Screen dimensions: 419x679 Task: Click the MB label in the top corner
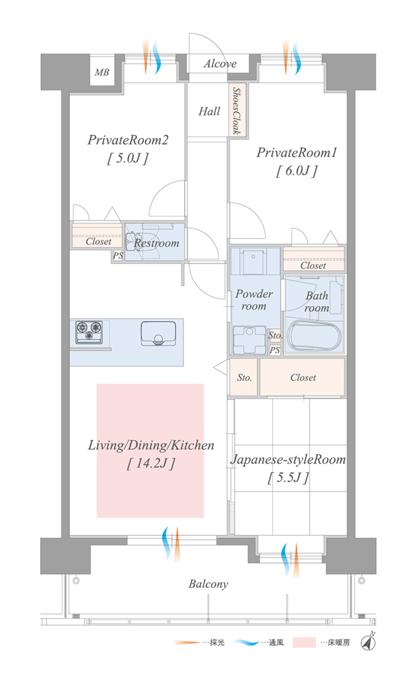[102, 73]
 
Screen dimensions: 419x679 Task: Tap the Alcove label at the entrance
[220, 64]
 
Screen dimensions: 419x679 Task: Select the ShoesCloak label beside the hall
[236, 111]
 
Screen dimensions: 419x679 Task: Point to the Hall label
[209, 112]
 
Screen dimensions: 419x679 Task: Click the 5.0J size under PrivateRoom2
[128, 158]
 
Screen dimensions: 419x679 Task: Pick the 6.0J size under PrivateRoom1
[297, 170]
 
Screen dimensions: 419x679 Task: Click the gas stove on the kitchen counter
[89, 332]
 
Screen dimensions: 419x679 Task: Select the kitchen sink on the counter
[158, 333]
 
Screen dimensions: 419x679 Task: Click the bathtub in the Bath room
[314, 335]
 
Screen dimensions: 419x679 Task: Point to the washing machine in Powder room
[249, 340]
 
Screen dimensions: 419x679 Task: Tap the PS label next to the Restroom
[118, 256]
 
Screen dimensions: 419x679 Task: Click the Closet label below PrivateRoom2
[98, 242]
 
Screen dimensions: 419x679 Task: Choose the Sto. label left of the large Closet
[244, 378]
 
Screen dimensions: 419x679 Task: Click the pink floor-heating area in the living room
[150, 450]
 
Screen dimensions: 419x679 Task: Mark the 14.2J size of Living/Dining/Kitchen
[151, 464]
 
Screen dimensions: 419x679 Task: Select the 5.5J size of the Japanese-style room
[288, 477]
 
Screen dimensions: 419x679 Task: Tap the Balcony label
[208, 585]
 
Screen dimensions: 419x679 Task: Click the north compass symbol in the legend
[369, 642]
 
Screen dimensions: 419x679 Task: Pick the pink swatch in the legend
[304, 642]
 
